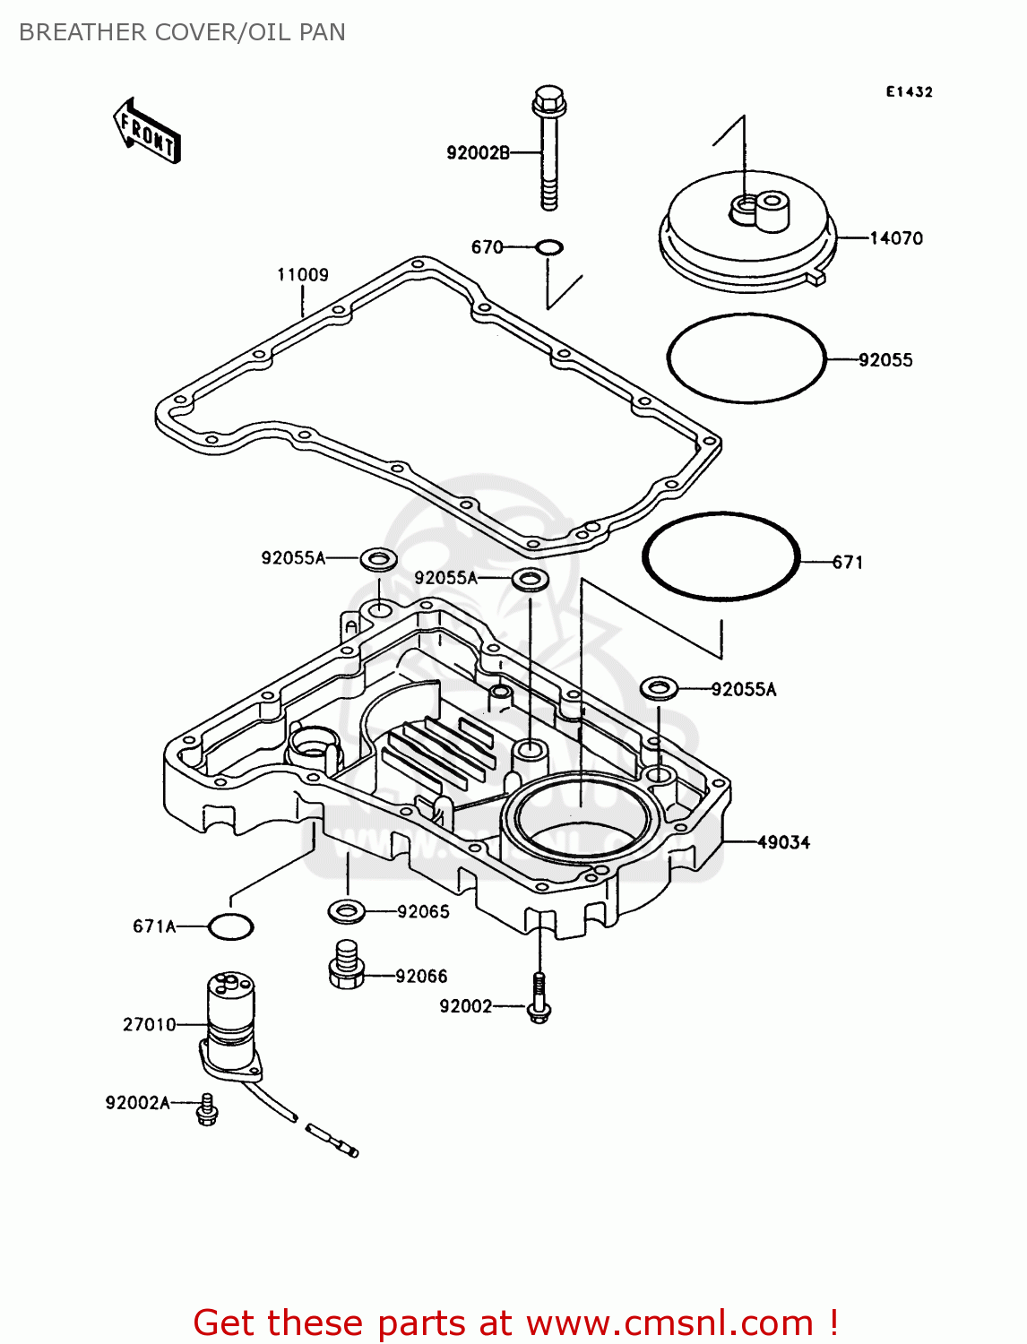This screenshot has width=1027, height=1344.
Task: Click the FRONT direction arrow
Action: click(147, 132)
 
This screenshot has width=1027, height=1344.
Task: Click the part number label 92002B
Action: click(478, 153)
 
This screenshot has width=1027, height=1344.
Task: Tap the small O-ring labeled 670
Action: click(549, 246)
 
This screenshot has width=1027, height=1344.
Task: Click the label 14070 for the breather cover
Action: click(896, 238)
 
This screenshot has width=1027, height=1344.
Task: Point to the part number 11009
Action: click(302, 275)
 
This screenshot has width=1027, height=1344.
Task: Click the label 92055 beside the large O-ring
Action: click(885, 360)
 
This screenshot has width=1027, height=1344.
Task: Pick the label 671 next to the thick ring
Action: click(848, 563)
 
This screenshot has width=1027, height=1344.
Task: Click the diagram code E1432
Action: click(910, 91)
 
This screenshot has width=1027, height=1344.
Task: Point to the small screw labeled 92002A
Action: click(207, 1109)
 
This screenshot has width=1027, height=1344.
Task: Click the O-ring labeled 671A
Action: click(230, 926)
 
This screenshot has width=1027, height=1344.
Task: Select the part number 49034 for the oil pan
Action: click(783, 842)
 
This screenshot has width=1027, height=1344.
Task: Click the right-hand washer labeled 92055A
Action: click(659, 689)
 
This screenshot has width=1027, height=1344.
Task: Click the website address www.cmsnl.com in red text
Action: click(669, 1322)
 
